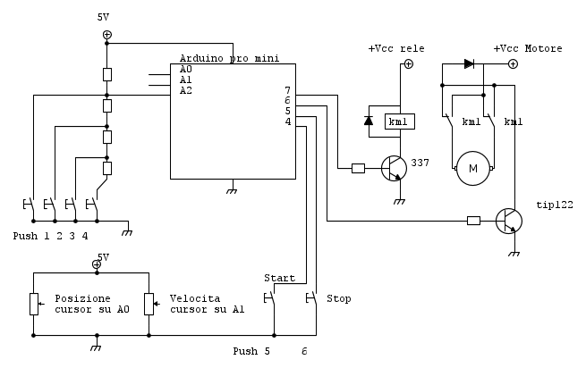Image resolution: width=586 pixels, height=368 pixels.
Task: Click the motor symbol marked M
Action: pyautogui.click(x=474, y=168)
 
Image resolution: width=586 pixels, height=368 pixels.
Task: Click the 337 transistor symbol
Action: pyautogui.click(x=395, y=167)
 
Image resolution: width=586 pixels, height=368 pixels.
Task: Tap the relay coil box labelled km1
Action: pyautogui.click(x=398, y=121)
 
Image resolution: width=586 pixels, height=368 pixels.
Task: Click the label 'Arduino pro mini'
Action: pyautogui.click(x=229, y=58)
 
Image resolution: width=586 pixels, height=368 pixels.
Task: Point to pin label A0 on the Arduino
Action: pyautogui.click(x=185, y=69)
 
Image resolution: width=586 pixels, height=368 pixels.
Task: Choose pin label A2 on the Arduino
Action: pyautogui.click(x=185, y=90)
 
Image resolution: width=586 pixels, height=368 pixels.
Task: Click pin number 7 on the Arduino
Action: pyautogui.click(x=287, y=90)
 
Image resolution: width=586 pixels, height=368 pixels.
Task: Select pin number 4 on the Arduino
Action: pyautogui.click(x=287, y=122)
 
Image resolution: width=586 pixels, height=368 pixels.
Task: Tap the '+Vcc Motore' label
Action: pyautogui.click(x=528, y=48)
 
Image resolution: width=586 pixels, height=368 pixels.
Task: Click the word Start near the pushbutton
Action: pyautogui.click(x=279, y=278)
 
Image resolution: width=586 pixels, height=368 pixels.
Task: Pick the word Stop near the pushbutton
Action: pyautogui.click(x=339, y=298)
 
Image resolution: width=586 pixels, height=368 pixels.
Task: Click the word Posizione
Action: pyautogui.click(x=83, y=298)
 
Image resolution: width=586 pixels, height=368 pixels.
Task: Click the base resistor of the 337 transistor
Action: pyautogui.click(x=358, y=167)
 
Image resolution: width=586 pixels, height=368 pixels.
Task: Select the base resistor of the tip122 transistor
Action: pyautogui.click(x=473, y=220)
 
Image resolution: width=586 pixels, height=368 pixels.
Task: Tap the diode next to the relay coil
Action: pyautogui.click(x=368, y=120)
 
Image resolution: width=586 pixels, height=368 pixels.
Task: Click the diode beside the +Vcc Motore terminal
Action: pyautogui.click(x=470, y=63)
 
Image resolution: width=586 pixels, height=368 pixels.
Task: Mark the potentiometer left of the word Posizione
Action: pyautogui.click(x=33, y=304)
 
